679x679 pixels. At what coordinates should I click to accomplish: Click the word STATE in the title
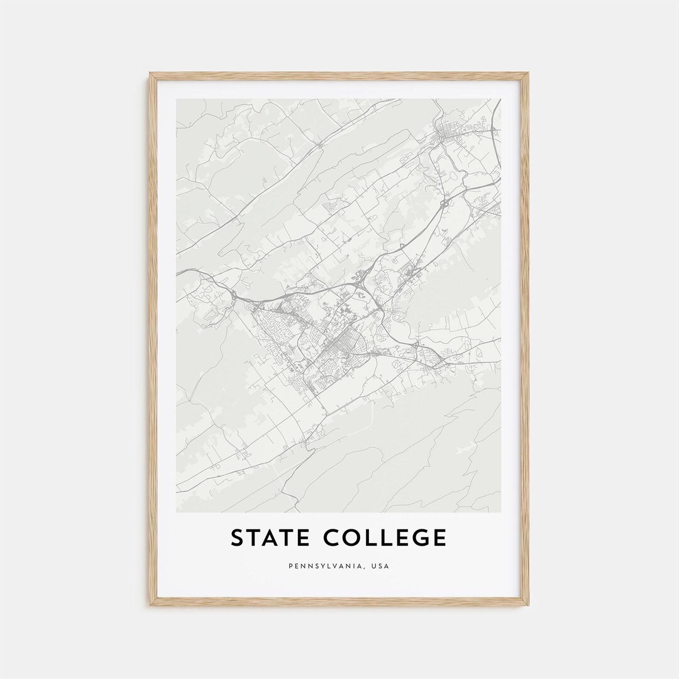click(x=269, y=538)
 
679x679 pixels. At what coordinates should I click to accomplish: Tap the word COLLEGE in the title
click(x=385, y=538)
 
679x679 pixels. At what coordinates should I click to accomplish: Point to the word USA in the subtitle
click(x=380, y=566)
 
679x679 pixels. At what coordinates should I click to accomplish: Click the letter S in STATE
click(x=238, y=538)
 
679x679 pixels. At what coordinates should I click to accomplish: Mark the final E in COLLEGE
click(x=439, y=538)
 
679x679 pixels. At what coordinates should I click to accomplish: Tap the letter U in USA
click(x=373, y=566)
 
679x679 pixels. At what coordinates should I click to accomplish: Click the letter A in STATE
click(x=269, y=538)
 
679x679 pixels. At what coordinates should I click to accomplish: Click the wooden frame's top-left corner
click(x=151, y=74)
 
